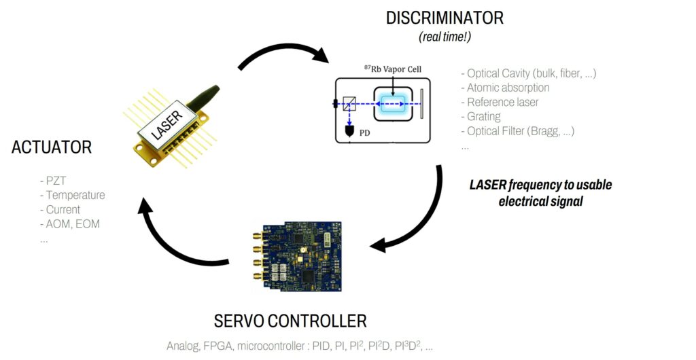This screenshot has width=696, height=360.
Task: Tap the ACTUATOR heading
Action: [52, 147]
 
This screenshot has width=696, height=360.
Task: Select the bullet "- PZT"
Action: [55, 181]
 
